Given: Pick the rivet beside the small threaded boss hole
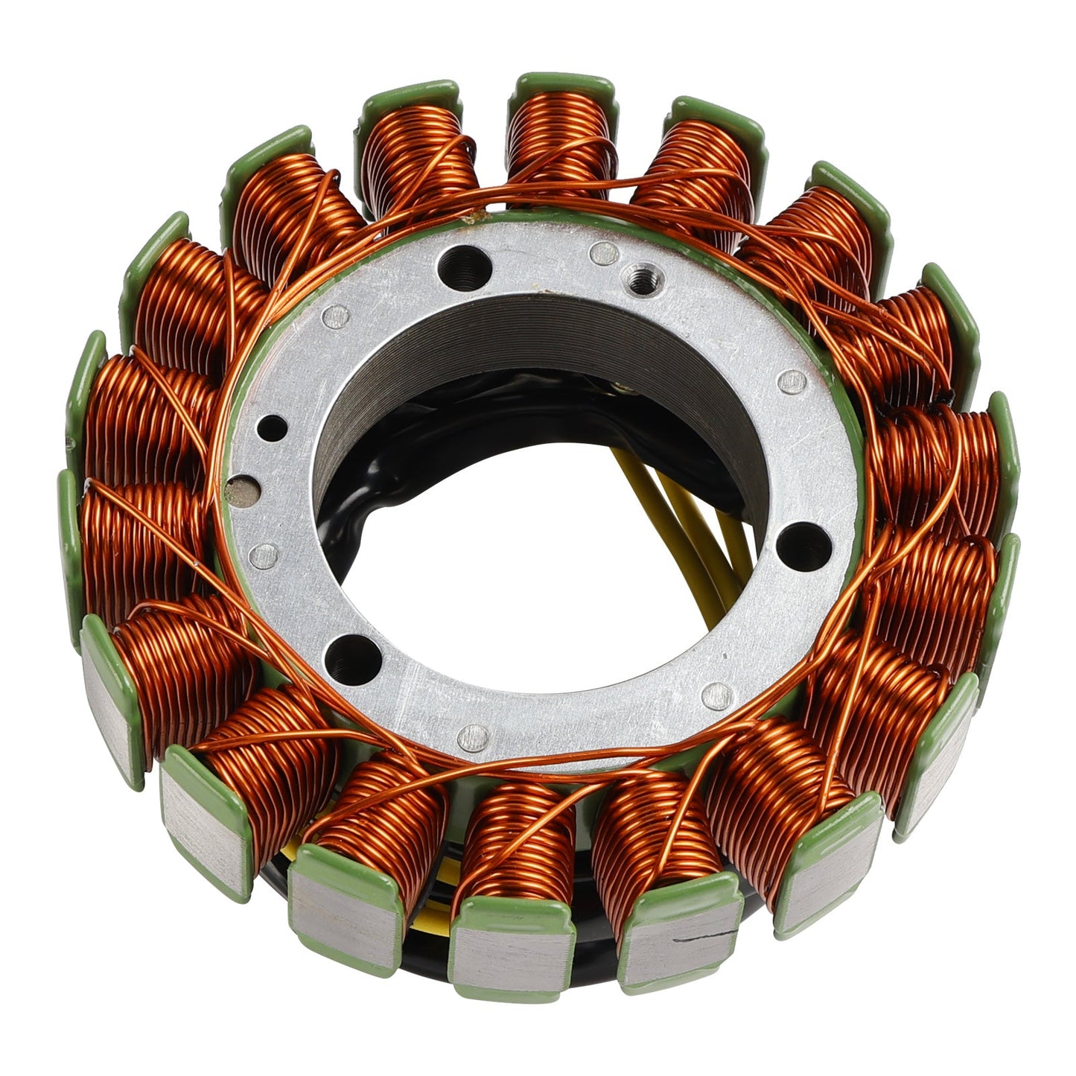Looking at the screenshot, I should pos(596,250).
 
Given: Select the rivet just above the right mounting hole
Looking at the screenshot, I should pos(792,383).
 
